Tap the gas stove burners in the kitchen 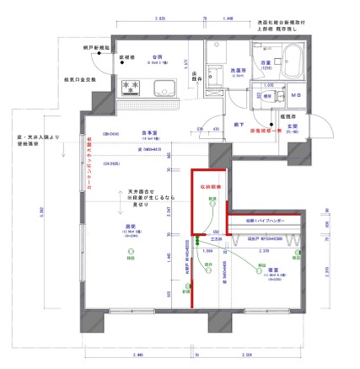tap(132, 86)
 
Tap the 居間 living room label tap(131, 227)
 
